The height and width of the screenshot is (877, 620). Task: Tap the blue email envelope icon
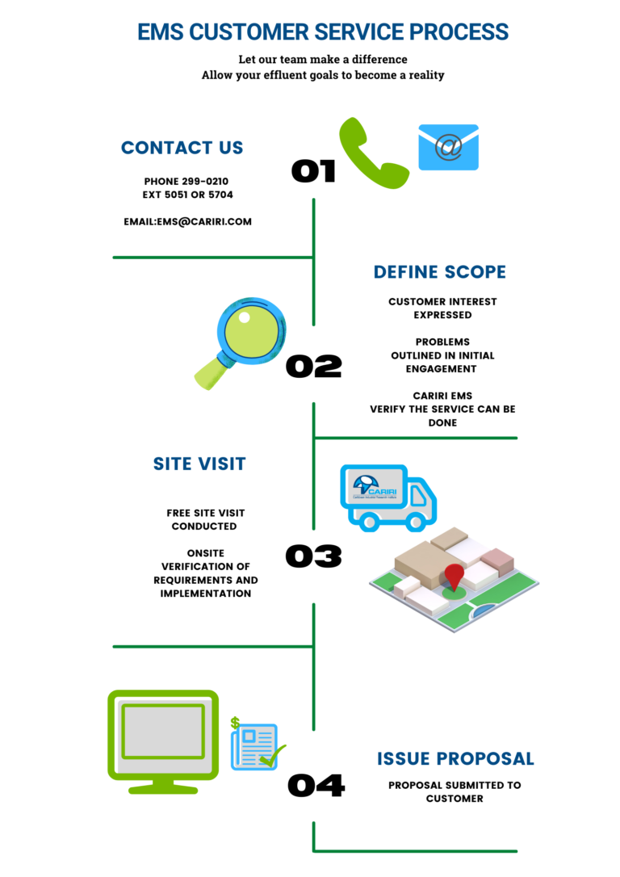click(x=448, y=147)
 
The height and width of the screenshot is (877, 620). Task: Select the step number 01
click(x=313, y=170)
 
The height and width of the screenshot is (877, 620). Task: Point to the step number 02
click(x=314, y=366)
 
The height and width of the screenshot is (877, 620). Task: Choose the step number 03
click(x=313, y=556)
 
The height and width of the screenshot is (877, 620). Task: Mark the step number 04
click(x=316, y=785)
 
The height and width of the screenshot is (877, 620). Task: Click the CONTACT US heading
click(x=182, y=148)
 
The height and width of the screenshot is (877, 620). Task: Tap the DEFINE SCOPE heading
click(x=440, y=272)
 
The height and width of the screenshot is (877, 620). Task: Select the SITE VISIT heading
click(x=199, y=464)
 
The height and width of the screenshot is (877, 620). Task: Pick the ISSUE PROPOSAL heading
click(x=455, y=759)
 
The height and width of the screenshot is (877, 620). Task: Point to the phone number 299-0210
click(x=205, y=182)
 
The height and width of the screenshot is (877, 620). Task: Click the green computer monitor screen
click(x=163, y=731)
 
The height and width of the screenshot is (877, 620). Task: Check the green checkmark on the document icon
click(x=272, y=757)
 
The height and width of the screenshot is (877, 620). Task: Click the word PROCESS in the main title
click(x=459, y=32)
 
